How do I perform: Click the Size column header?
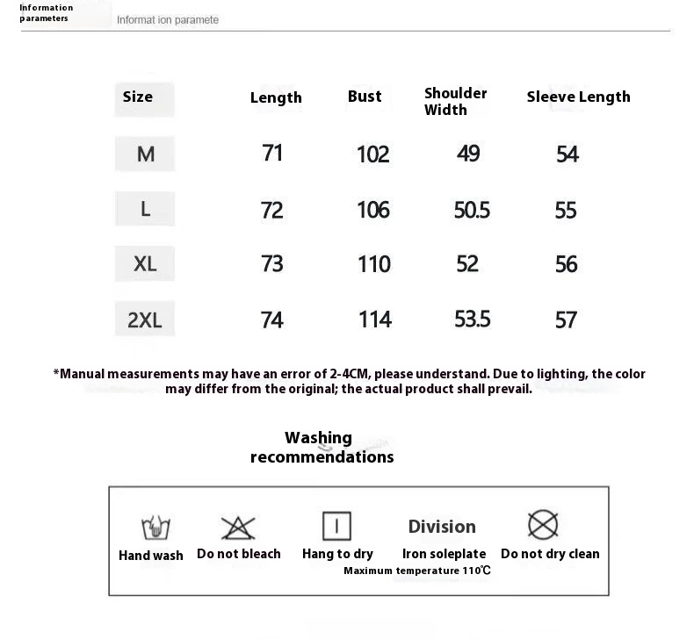pyautogui.click(x=138, y=97)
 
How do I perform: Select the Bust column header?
pyautogui.click(x=365, y=97)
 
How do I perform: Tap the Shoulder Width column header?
pyautogui.click(x=455, y=101)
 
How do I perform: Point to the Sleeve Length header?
pyautogui.click(x=578, y=97)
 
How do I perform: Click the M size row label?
pyautogui.click(x=146, y=154)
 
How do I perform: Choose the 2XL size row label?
pyautogui.click(x=145, y=320)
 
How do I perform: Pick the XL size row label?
pyautogui.click(x=145, y=263)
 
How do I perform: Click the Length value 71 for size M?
pyautogui.click(x=272, y=154)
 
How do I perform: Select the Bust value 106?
pyautogui.click(x=373, y=210)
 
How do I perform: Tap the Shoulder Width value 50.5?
pyautogui.click(x=472, y=210)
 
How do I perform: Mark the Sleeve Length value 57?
pyautogui.click(x=567, y=320)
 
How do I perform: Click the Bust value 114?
pyautogui.click(x=375, y=319)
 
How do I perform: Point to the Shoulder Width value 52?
pyautogui.click(x=467, y=263)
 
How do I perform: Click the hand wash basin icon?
pyautogui.click(x=155, y=528)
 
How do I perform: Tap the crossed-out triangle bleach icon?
pyautogui.click(x=238, y=528)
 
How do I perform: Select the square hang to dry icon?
pyautogui.click(x=336, y=527)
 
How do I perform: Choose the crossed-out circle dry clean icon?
pyautogui.click(x=543, y=526)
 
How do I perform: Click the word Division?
pyautogui.click(x=442, y=527)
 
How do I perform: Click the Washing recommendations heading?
pyautogui.click(x=322, y=447)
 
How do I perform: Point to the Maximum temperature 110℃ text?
pyautogui.click(x=417, y=571)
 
